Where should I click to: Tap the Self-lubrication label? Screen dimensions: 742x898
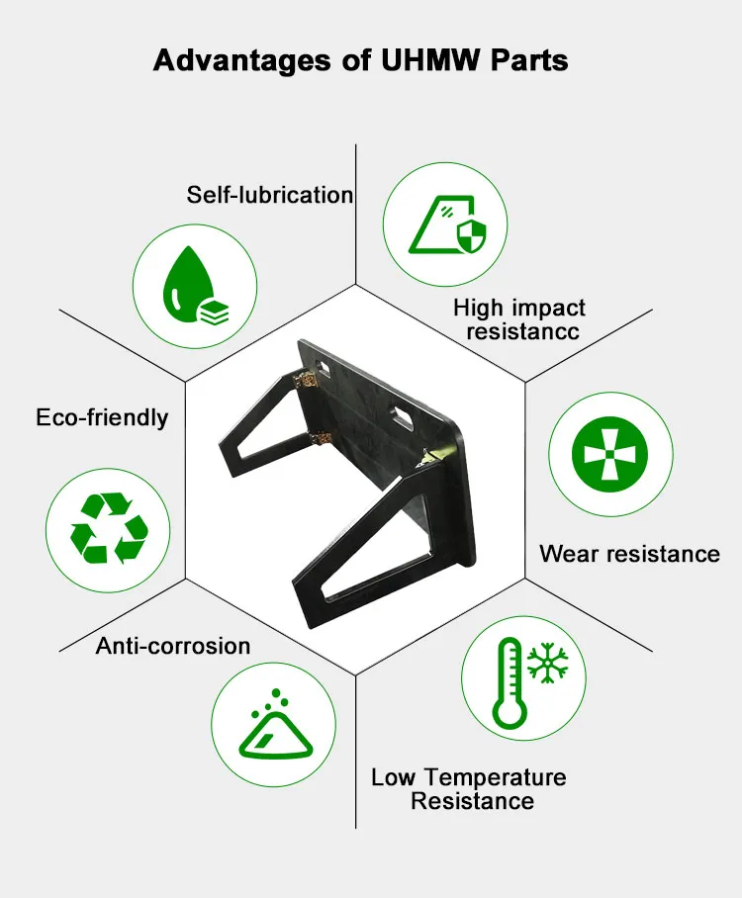pyautogui.click(x=270, y=195)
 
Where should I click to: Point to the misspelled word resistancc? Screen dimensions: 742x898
pyautogui.click(x=522, y=331)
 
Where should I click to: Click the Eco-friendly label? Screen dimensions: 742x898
pyautogui.click(x=102, y=417)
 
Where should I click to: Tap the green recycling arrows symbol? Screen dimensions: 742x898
pyautogui.click(x=108, y=528)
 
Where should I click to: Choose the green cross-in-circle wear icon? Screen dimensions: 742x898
pyautogui.click(x=609, y=454)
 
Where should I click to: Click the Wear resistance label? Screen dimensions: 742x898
pyautogui.click(x=629, y=554)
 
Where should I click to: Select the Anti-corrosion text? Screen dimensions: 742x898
pyautogui.click(x=173, y=646)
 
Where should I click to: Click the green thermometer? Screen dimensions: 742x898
pyautogui.click(x=509, y=682)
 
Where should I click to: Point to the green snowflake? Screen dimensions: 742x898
pyautogui.click(x=548, y=663)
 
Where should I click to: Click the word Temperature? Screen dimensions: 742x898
pyautogui.click(x=495, y=777)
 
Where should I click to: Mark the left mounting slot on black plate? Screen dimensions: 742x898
pyautogui.click(x=324, y=368)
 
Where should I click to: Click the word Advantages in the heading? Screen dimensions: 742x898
pyautogui.click(x=242, y=60)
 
